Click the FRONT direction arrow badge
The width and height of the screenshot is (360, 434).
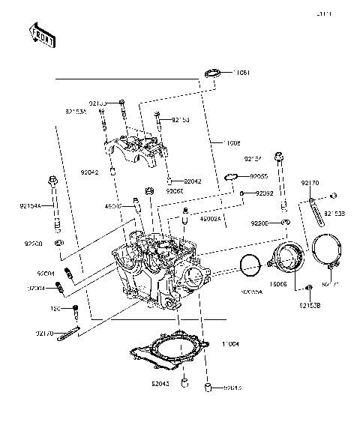coord(41,34)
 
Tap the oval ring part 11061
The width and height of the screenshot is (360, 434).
coord(213,73)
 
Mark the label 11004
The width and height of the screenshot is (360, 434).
coord(230,343)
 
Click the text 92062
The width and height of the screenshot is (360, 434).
coord(265,193)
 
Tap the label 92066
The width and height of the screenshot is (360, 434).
coord(175,192)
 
